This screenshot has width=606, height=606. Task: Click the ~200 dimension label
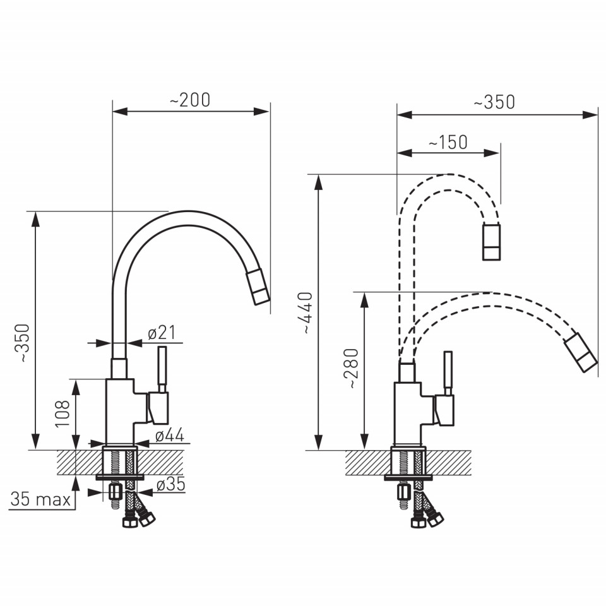[190, 100]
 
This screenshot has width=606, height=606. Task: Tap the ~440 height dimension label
[308, 312]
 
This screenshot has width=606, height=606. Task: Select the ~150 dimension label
[448, 142]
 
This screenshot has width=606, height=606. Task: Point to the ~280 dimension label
[353, 368]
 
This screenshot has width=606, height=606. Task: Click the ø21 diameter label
[162, 333]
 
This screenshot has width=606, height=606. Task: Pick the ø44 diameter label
[170, 436]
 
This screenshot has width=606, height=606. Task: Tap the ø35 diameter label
[171, 484]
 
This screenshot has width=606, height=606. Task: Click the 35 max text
[40, 499]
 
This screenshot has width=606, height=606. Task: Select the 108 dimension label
[63, 413]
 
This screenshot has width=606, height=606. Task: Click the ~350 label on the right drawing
[494, 102]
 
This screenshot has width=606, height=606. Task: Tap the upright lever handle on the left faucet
[162, 369]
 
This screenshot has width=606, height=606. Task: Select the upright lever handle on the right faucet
[448, 373]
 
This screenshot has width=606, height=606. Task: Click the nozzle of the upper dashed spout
[492, 242]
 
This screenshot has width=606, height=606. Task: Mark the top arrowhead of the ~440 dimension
[318, 182]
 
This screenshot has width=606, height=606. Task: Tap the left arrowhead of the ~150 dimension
[405, 153]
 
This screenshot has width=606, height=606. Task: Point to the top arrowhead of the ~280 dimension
[364, 299]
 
